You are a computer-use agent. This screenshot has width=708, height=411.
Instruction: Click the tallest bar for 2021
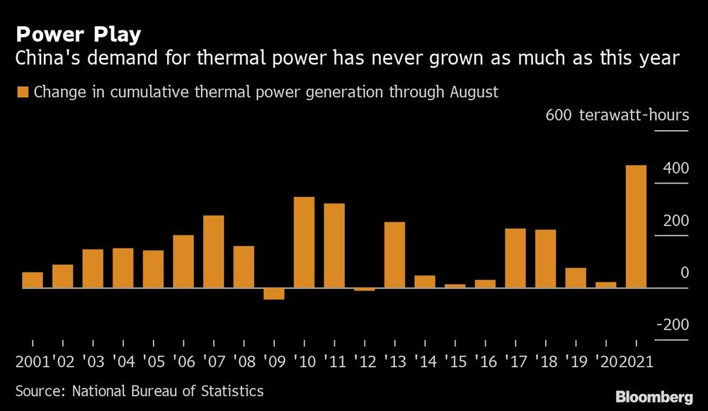(636, 227)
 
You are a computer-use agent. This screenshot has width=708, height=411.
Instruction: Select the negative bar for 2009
(274, 294)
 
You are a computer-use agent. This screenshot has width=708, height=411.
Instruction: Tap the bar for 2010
(304, 242)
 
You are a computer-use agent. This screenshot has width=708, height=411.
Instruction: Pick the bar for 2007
(214, 252)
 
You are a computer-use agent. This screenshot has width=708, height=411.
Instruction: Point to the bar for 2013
(394, 255)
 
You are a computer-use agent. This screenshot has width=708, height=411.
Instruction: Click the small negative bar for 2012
(364, 290)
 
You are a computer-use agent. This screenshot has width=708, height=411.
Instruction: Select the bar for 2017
(515, 258)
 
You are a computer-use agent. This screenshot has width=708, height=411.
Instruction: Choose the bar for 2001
(33, 281)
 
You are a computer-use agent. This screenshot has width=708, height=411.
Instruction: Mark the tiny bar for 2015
(455, 286)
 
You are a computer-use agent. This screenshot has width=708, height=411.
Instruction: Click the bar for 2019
(576, 278)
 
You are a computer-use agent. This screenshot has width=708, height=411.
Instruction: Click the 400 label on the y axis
(675, 169)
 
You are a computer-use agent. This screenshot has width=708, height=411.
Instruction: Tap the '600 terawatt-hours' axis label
(617, 116)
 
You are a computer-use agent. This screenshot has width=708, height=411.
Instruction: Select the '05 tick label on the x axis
(153, 361)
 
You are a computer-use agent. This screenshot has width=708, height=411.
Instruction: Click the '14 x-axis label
(425, 361)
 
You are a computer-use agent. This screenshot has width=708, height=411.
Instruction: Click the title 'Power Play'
(78, 35)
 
